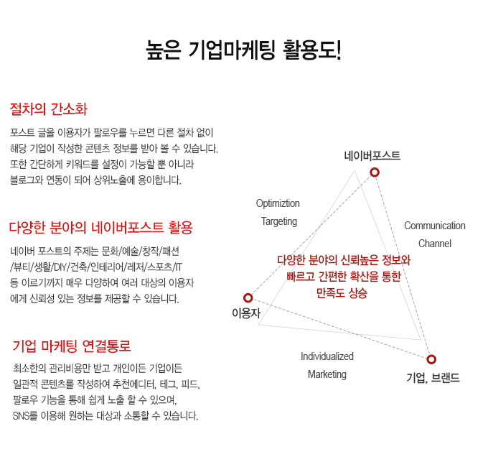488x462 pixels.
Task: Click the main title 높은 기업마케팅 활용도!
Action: click(x=243, y=50)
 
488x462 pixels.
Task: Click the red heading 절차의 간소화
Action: click(x=48, y=109)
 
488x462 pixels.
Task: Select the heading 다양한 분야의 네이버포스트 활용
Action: click(x=101, y=228)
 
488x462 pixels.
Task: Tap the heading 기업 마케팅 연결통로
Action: click(x=72, y=346)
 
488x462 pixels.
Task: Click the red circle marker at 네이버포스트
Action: click(x=374, y=172)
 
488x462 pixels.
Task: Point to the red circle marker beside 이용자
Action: click(x=248, y=297)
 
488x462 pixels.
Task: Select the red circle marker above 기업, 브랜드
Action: click(x=431, y=359)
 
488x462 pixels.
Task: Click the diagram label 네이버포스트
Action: click(x=372, y=155)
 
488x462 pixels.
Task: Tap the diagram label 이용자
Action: click(x=245, y=313)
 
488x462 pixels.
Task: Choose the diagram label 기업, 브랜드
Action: click(x=433, y=376)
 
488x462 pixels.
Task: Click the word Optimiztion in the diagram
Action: click(x=278, y=203)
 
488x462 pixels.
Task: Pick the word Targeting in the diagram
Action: click(x=278, y=221)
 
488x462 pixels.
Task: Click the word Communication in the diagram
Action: click(x=434, y=226)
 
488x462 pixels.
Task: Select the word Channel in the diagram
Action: click(x=434, y=244)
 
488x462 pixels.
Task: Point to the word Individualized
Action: click(x=327, y=356)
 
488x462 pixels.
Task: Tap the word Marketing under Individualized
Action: click(x=327, y=374)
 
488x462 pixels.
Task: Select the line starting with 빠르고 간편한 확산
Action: click(x=343, y=277)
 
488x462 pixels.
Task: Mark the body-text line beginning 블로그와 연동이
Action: click(x=97, y=180)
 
